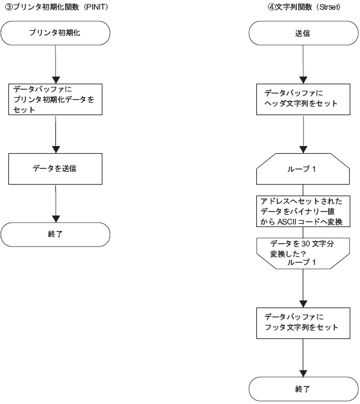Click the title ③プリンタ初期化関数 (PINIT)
(x=57, y=7)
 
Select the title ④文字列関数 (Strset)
(x=304, y=7)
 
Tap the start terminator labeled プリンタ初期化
(x=55, y=33)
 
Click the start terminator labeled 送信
(x=303, y=33)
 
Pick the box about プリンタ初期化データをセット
(x=55, y=99)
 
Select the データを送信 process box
(x=55, y=169)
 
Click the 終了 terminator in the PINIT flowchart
(x=55, y=234)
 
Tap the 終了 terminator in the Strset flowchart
(x=303, y=389)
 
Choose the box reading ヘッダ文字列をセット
(x=303, y=99)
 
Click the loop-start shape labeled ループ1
(x=303, y=169)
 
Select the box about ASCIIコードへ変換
(x=303, y=211)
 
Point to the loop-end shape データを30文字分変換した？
(x=303, y=253)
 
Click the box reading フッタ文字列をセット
(x=303, y=323)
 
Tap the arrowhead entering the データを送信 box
(x=56, y=150)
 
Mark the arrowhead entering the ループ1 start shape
(x=303, y=150)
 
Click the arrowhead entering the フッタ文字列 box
(x=303, y=304)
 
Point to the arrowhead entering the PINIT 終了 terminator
(x=56, y=219)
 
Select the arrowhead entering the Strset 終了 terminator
(x=303, y=373)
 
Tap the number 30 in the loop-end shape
(x=305, y=243)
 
